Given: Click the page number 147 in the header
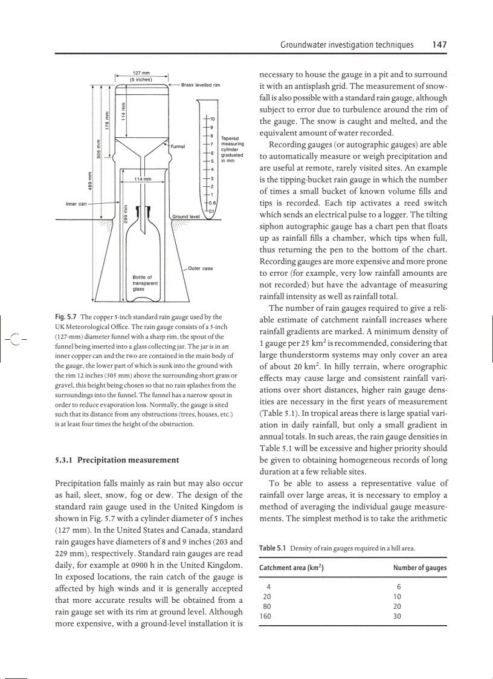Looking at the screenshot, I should coord(439,45).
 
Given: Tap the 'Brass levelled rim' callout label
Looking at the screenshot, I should coord(200,85).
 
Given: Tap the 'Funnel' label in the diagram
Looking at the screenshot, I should coord(178,146).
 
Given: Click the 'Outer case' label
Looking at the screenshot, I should coord(201,268).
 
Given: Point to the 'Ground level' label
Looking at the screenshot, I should coord(186,216).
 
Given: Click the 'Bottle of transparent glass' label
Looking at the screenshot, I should coord(145,283).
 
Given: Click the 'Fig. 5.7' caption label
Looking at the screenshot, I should coord(66,317).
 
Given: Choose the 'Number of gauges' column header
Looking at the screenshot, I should coord(419,568).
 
